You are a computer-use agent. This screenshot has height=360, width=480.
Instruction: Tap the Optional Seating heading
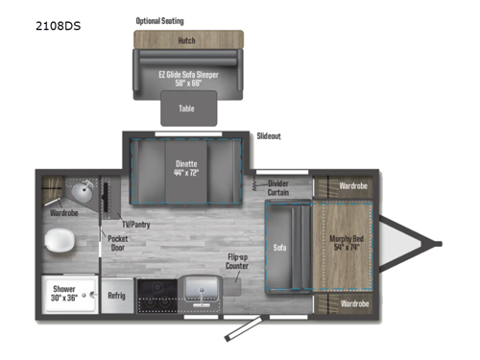[x=160, y=20]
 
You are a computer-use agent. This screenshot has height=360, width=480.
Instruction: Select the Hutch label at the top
[x=187, y=41]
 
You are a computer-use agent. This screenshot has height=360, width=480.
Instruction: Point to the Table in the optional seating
[x=187, y=108]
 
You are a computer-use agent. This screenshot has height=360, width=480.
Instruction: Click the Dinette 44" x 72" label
[x=188, y=168]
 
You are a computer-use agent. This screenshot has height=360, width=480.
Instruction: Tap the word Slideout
[x=270, y=137]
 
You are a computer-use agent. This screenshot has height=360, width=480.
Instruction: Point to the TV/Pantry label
[x=133, y=225]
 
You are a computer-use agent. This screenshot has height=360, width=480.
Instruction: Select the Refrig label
[x=116, y=297]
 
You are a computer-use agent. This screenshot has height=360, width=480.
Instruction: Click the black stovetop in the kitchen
[x=156, y=296]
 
